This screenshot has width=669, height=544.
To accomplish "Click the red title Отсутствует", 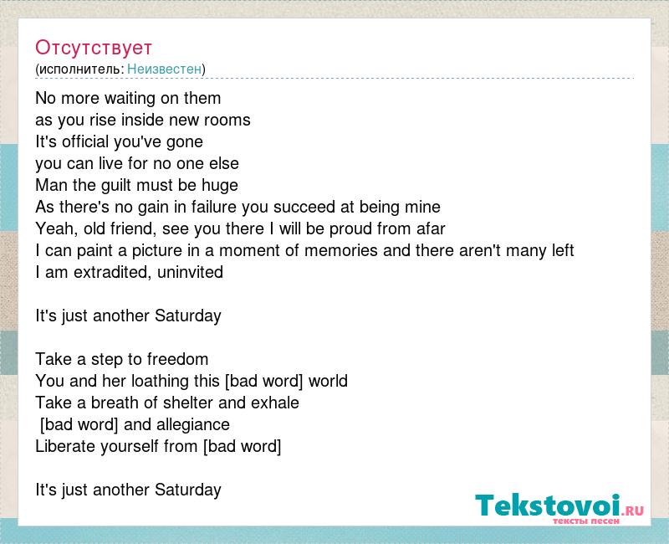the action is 94,48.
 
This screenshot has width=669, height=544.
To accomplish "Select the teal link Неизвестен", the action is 164,69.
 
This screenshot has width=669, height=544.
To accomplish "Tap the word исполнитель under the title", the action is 81,69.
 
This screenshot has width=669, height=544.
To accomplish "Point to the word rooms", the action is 227,120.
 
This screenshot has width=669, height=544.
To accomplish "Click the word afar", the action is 431,228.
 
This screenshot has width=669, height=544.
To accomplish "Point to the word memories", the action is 341,250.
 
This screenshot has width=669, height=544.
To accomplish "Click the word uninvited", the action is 191,272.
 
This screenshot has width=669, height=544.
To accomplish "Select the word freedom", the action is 177,359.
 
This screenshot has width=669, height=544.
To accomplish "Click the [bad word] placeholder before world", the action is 263,381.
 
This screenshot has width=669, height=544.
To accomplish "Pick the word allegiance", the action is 193,424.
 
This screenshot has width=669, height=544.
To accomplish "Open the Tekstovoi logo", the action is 559,508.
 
